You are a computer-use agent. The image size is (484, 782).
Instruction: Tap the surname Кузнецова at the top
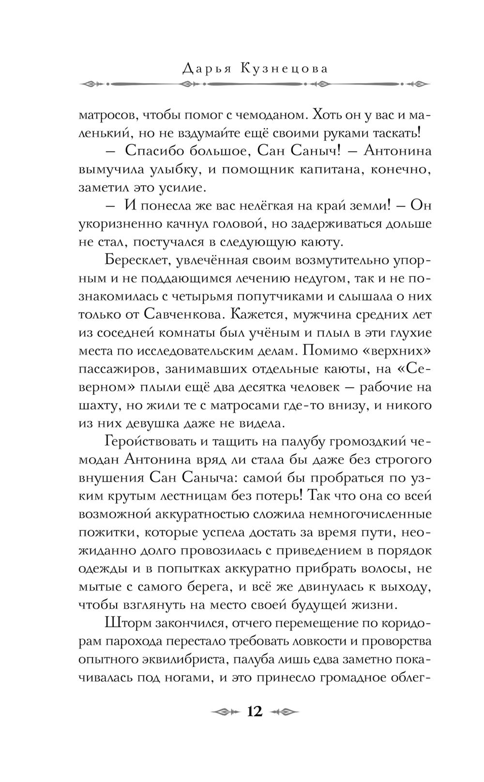tap(284, 69)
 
